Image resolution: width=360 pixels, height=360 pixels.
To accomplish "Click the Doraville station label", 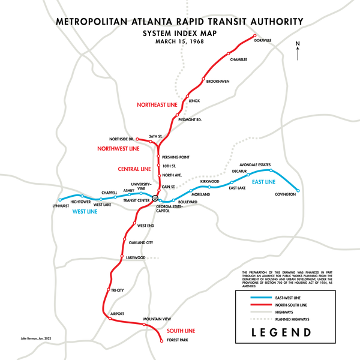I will click(262, 40).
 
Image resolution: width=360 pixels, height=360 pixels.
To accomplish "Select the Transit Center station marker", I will click(154, 198).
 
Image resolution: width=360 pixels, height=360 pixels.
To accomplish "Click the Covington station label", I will click(286, 195).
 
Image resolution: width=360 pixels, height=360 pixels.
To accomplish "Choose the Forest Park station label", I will click(177, 340).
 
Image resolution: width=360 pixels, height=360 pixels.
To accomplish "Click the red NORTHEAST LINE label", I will click(155, 105).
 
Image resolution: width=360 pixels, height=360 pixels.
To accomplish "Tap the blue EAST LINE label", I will click(263, 182).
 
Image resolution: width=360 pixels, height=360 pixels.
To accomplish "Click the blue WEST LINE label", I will click(85, 212).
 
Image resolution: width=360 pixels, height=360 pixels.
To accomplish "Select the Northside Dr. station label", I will click(122, 139).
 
